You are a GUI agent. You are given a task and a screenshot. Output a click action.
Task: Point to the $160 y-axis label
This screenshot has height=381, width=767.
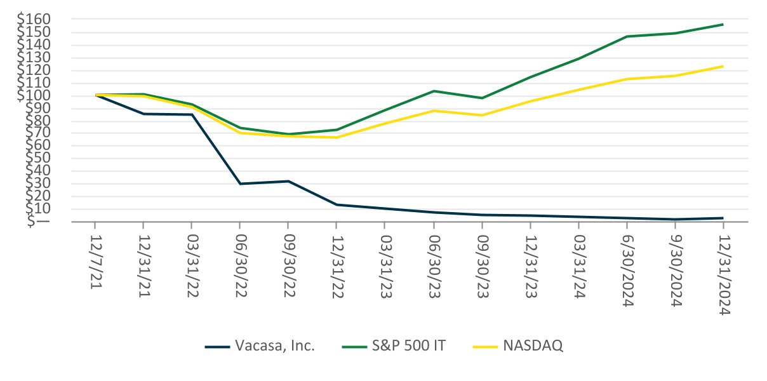click(x=33, y=20)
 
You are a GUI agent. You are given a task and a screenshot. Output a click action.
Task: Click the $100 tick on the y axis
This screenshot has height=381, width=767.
click(x=33, y=95)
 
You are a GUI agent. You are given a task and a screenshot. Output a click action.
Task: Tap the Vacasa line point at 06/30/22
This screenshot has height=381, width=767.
click(x=239, y=184)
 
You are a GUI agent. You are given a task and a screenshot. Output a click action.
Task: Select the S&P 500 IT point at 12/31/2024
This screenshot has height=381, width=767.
click(x=723, y=25)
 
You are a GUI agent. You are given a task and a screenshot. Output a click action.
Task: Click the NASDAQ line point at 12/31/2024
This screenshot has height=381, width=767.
click(x=723, y=66)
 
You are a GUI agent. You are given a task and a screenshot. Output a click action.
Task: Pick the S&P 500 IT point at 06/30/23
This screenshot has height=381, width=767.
click(x=433, y=91)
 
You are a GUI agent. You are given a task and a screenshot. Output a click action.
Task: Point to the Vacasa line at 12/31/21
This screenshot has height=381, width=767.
click(x=143, y=114)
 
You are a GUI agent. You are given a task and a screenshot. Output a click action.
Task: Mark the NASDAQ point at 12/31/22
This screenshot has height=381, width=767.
click(x=336, y=138)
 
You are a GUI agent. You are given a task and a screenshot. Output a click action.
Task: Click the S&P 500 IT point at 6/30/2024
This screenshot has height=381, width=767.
click(x=626, y=36)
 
